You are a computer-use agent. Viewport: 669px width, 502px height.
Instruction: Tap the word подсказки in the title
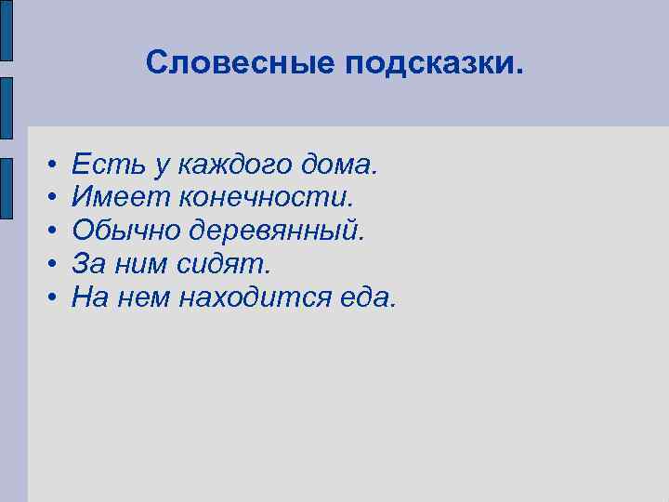[x=435, y=65]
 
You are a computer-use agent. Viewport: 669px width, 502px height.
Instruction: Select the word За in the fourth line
[x=88, y=264]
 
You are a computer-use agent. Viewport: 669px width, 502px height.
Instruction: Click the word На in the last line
[x=90, y=297]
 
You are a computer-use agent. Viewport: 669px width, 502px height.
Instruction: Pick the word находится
[x=255, y=298]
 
